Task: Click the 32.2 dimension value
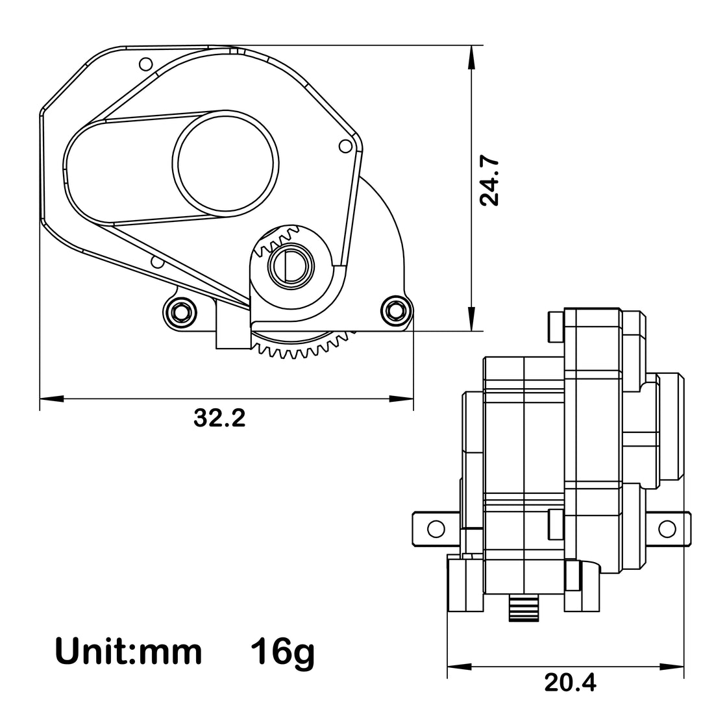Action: coord(219,419)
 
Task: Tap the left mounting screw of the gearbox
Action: coord(180,312)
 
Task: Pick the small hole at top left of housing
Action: coord(145,64)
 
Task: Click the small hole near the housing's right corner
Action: coord(345,147)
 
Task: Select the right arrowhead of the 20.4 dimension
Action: coord(678,666)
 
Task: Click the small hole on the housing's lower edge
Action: coord(156,262)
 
